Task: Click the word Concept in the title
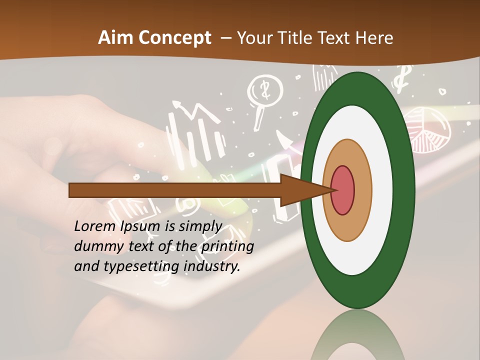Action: [173, 38]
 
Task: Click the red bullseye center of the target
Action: [342, 190]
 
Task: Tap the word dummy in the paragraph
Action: [94, 246]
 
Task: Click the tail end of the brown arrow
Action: [71, 190]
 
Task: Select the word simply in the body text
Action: [200, 226]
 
